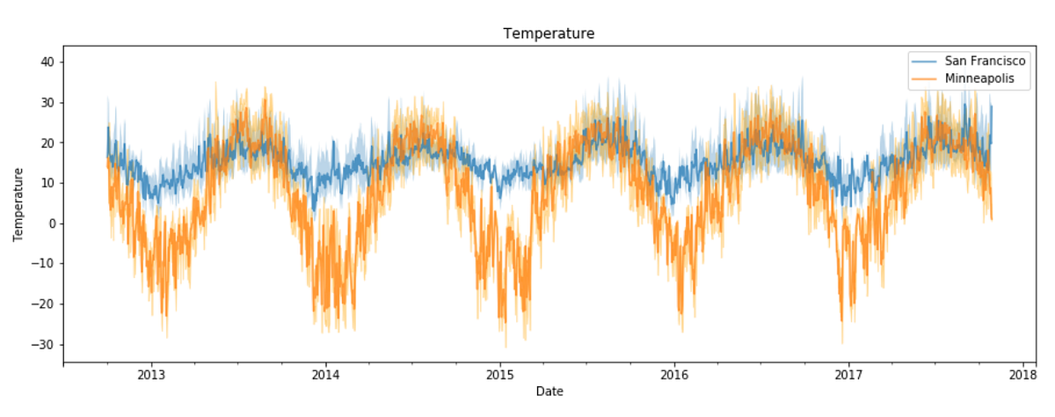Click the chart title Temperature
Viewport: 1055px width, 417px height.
549,33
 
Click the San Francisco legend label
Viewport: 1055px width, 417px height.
985,62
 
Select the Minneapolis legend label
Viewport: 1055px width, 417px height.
979,78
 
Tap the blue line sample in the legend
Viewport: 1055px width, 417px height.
925,62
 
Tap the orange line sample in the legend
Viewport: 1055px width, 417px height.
925,78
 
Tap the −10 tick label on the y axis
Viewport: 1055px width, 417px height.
44,264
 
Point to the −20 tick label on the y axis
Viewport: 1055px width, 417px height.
44,304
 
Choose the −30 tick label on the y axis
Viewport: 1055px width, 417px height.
44,344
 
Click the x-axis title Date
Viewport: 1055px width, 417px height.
549,391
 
